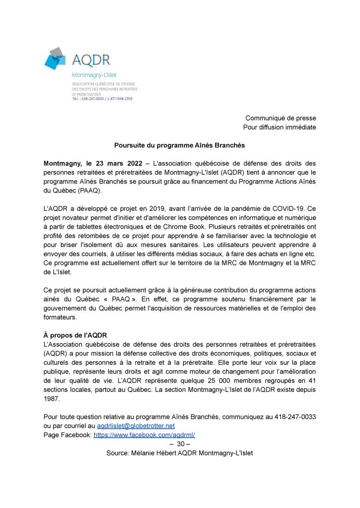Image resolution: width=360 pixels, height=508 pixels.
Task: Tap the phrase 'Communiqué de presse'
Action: [281, 118]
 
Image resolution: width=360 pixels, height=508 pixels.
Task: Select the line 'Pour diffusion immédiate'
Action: [280, 127]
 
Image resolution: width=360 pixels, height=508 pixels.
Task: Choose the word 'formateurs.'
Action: [61, 317]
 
